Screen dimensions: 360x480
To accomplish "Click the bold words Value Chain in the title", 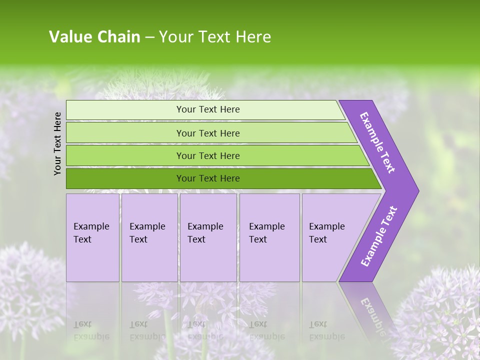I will (94, 37).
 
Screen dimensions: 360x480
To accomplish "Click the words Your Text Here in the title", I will (215, 37).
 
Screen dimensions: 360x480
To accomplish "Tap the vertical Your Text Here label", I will (57, 143).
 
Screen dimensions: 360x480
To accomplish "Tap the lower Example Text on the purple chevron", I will (379, 236).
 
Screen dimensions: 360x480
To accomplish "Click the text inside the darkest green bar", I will (208, 178).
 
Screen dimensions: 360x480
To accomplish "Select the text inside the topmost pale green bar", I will (208, 109).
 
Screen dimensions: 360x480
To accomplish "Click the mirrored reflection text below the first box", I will (91, 330).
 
